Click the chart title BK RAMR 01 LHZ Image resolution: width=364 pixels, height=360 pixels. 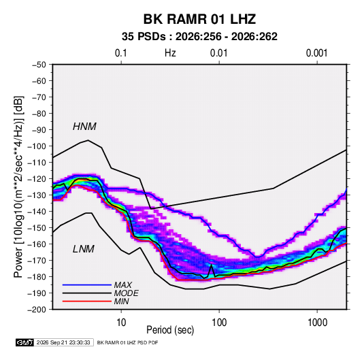pyautogui.click(x=199, y=19)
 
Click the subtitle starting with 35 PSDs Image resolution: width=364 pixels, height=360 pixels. pyautogui.click(x=199, y=37)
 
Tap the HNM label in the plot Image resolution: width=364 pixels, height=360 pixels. pyautogui.click(x=84, y=127)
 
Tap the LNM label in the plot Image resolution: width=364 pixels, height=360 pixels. pyautogui.click(x=84, y=249)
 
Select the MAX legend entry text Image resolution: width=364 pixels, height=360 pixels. pyautogui.click(x=122, y=285)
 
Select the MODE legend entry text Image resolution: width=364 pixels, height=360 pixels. pyautogui.click(x=126, y=293)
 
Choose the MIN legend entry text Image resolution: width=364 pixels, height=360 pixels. pyautogui.click(x=121, y=301)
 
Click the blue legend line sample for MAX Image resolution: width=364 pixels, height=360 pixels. pyautogui.click(x=87, y=285)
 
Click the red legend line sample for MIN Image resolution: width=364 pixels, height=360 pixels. pyautogui.click(x=87, y=301)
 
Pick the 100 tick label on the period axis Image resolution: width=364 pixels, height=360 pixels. pyautogui.click(x=219, y=323)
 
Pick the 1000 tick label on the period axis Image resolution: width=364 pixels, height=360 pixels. pyautogui.click(x=317, y=323)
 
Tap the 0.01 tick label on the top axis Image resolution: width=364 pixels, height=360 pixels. pyautogui.click(x=218, y=53)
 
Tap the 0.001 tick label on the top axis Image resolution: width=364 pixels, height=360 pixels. pyautogui.click(x=316, y=53)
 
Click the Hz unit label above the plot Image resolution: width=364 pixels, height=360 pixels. pyautogui.click(x=170, y=53)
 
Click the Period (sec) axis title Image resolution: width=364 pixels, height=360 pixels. pyautogui.click(x=170, y=330)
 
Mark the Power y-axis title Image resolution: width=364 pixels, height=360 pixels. pyautogui.click(x=18, y=187)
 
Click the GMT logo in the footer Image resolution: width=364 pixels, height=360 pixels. pyautogui.click(x=24, y=342)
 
